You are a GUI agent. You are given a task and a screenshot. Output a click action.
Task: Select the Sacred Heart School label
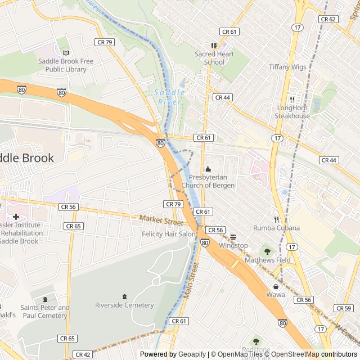(214, 58)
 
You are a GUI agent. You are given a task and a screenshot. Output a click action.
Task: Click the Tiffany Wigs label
(287, 67)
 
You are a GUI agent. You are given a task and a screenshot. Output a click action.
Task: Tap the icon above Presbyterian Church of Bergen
(208, 169)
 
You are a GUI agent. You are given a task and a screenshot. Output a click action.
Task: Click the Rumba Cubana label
(276, 228)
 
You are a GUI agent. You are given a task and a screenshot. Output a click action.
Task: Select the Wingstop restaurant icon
(233, 237)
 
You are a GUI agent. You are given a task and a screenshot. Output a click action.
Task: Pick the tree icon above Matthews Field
(268, 251)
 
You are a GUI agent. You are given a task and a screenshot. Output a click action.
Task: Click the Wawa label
(276, 294)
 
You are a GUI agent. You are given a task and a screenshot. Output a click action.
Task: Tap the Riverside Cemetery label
(124, 305)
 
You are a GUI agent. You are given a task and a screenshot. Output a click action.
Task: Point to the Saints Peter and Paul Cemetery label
(45, 312)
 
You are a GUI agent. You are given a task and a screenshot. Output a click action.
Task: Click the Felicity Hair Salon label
(169, 233)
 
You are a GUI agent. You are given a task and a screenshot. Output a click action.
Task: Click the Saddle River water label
(169, 97)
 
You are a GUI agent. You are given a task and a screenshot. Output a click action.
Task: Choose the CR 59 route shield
(343, 308)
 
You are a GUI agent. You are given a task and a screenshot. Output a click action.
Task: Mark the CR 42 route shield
(83, 354)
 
